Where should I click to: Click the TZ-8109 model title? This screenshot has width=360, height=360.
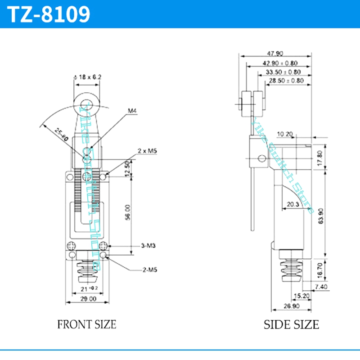(x=50, y=14)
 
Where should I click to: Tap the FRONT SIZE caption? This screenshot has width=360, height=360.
(x=86, y=324)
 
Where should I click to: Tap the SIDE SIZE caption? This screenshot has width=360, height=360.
(x=291, y=324)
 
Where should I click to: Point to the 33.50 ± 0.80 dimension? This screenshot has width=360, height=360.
(x=283, y=72)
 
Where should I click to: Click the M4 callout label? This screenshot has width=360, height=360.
(x=132, y=111)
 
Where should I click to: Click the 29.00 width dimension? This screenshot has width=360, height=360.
(x=88, y=298)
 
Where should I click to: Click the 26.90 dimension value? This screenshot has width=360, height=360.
(x=291, y=306)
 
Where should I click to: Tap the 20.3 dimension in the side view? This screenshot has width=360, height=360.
(x=293, y=204)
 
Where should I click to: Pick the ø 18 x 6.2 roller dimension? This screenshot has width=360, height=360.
(x=87, y=77)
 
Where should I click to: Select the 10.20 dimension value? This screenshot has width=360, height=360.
(x=285, y=134)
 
